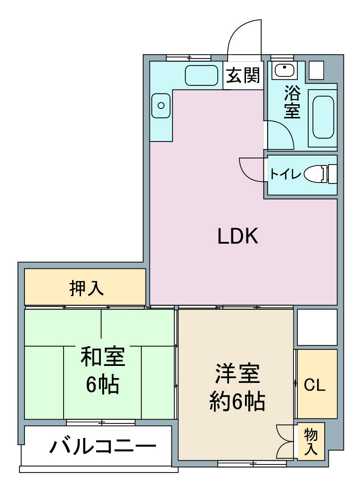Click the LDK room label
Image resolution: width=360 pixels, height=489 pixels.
pyautogui.click(x=237, y=236)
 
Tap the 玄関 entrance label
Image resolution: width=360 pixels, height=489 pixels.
pyautogui.click(x=243, y=75)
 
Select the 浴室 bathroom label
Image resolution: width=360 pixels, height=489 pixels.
pyautogui.click(x=292, y=102)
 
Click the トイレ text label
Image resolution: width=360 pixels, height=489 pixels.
pyautogui.click(x=286, y=174)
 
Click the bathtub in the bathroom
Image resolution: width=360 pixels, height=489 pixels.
pyautogui.click(x=323, y=117)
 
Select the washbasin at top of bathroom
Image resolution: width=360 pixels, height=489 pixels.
pyautogui.click(x=284, y=69)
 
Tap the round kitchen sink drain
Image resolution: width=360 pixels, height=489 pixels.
pyautogui.click(x=161, y=106)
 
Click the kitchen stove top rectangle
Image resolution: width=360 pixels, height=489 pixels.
pyautogui.click(x=202, y=75)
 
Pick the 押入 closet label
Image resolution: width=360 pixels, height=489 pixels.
pyautogui.click(x=86, y=288)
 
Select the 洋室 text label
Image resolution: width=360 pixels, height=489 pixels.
pyautogui.click(x=237, y=373)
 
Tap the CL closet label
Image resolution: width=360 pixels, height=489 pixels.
pyautogui.click(x=314, y=385)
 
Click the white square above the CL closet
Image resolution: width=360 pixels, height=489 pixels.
pyautogui.click(x=317, y=327)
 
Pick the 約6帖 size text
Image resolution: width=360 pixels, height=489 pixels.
pyautogui.click(x=237, y=401)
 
